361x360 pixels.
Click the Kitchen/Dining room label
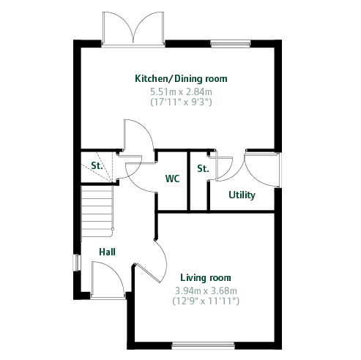coord(181,79)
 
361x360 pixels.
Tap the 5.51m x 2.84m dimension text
coord(181,92)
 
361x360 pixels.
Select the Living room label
coord(206,277)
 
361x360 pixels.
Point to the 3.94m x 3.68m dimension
coord(206,290)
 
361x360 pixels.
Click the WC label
coord(172,179)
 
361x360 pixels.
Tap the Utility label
coord(242,195)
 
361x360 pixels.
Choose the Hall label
coord(107,252)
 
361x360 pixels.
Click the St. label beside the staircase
coord(97,165)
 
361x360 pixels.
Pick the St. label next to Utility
coord(203,168)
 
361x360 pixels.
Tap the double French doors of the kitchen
coord(133,29)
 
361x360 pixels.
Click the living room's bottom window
coord(203,345)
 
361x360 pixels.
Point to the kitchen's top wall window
coord(231,44)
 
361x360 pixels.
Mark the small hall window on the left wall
coord(77,263)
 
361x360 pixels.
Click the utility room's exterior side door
coord(263,170)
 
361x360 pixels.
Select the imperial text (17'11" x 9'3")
coord(181,102)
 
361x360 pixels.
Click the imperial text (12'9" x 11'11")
coord(206,301)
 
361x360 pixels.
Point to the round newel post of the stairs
coord(113,229)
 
